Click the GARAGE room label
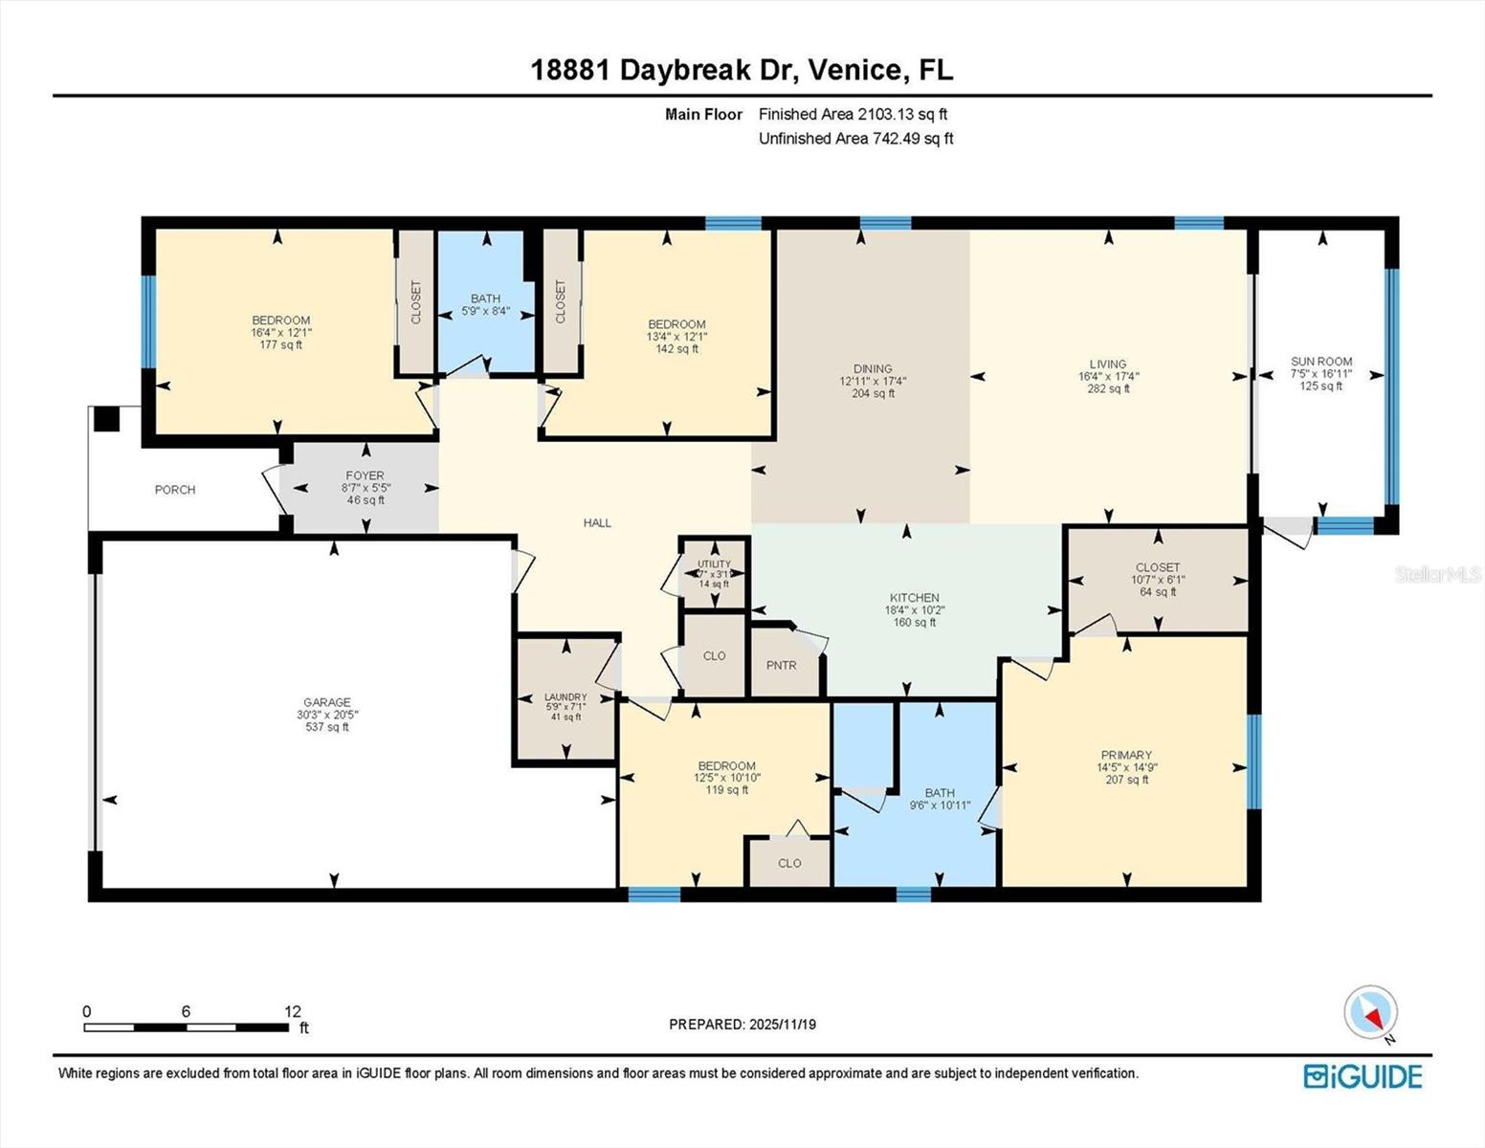(x=327, y=702)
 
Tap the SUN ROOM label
(x=1320, y=362)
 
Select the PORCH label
(x=175, y=490)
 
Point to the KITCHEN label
(x=914, y=598)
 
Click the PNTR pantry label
(x=781, y=665)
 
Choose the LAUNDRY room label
(x=565, y=697)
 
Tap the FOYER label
(x=365, y=475)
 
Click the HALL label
(x=597, y=523)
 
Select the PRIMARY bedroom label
(x=1126, y=755)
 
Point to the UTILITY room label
(x=714, y=564)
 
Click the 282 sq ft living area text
(x=1108, y=389)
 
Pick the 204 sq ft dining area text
(x=873, y=393)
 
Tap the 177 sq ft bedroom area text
(x=280, y=345)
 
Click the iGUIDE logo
(x=1363, y=1076)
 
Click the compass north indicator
(x=1371, y=1012)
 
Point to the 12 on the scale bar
(x=293, y=1011)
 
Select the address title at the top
(x=742, y=70)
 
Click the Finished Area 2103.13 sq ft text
(x=853, y=114)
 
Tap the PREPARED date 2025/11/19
(x=742, y=1025)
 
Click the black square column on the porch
(x=106, y=419)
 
